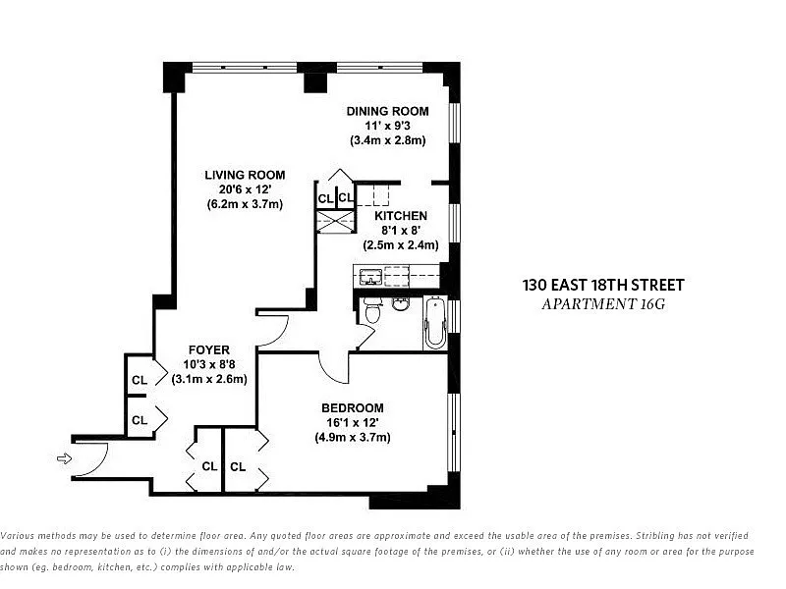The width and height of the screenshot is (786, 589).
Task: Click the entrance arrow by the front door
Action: coord(65,458)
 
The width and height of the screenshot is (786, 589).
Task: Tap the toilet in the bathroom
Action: coord(372,310)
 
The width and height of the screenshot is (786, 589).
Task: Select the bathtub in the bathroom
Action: coord(435,323)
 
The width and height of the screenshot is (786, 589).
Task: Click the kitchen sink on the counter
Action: coord(369,276)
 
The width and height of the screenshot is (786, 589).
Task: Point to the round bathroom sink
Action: coord(400,304)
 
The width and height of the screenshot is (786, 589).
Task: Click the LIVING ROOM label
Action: coord(245,176)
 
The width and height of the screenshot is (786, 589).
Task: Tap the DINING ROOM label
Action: coord(387,111)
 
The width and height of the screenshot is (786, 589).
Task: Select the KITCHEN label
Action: coord(401,216)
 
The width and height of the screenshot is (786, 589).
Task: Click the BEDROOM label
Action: coord(353,408)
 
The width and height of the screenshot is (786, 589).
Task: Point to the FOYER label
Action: coord(209,350)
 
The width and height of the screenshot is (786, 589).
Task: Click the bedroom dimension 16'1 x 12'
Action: coord(353,423)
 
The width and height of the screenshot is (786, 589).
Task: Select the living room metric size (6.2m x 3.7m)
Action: coord(245,204)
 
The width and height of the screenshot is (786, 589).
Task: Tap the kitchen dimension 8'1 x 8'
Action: coord(401,231)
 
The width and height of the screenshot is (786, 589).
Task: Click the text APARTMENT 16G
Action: coord(603,304)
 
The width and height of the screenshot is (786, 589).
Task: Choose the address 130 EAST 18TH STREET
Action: coord(603,285)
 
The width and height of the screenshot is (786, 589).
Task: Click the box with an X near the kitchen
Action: coord(335,222)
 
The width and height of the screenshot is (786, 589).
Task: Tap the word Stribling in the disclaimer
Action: coord(656,535)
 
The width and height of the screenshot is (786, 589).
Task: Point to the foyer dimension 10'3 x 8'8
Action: coord(209,364)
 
